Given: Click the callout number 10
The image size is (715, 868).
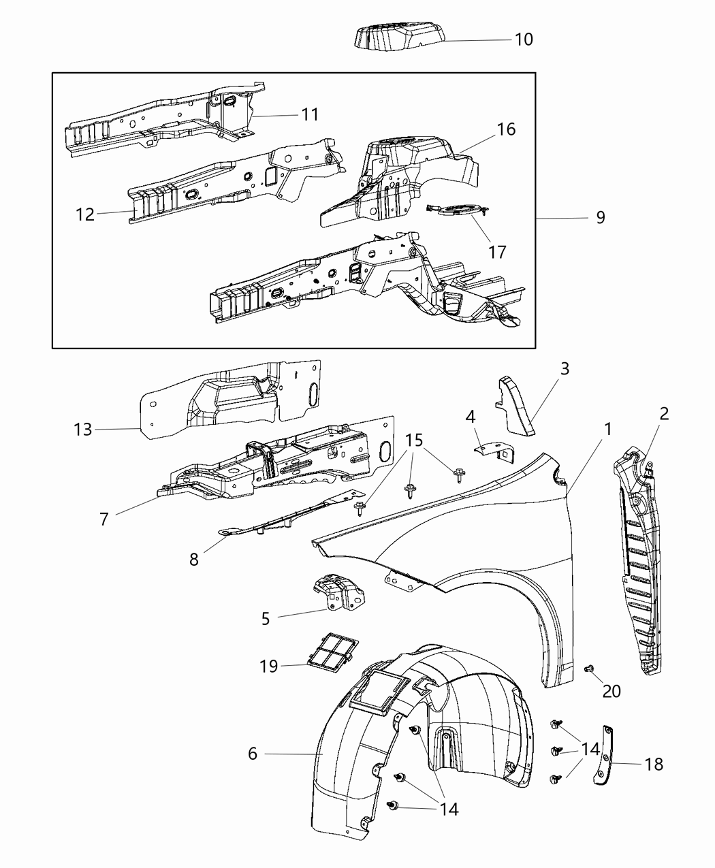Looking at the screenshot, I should (523, 39).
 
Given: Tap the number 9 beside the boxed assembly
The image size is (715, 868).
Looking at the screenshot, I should (600, 217).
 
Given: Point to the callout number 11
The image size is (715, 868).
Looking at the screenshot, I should (310, 114).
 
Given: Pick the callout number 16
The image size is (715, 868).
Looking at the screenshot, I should (507, 129).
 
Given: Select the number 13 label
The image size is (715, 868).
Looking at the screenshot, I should (82, 430).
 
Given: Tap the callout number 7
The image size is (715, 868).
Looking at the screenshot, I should (104, 519).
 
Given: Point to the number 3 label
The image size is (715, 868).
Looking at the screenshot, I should (565, 369).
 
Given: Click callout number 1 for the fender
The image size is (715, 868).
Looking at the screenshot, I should (607, 429).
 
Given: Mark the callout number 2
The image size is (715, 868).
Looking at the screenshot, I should (664, 413).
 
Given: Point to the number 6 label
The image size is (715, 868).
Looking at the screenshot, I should (253, 754).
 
